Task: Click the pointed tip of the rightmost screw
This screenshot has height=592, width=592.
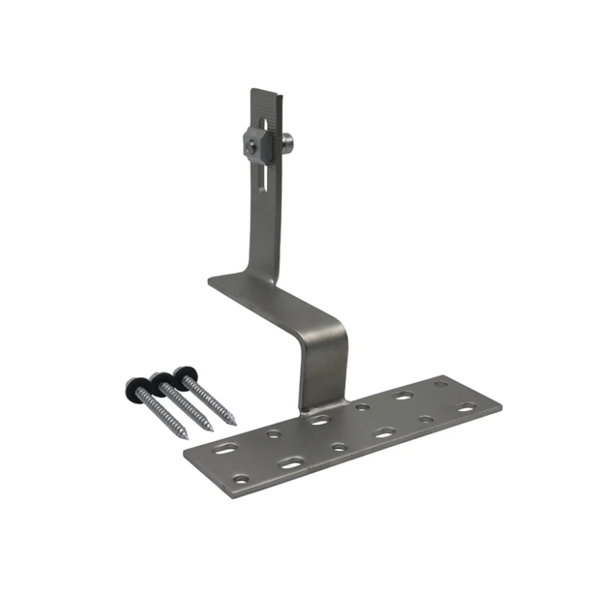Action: (x=234, y=423)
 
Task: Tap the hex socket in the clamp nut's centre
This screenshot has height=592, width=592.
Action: (x=253, y=144)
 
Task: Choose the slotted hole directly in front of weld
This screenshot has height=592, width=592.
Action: (x=320, y=421)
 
